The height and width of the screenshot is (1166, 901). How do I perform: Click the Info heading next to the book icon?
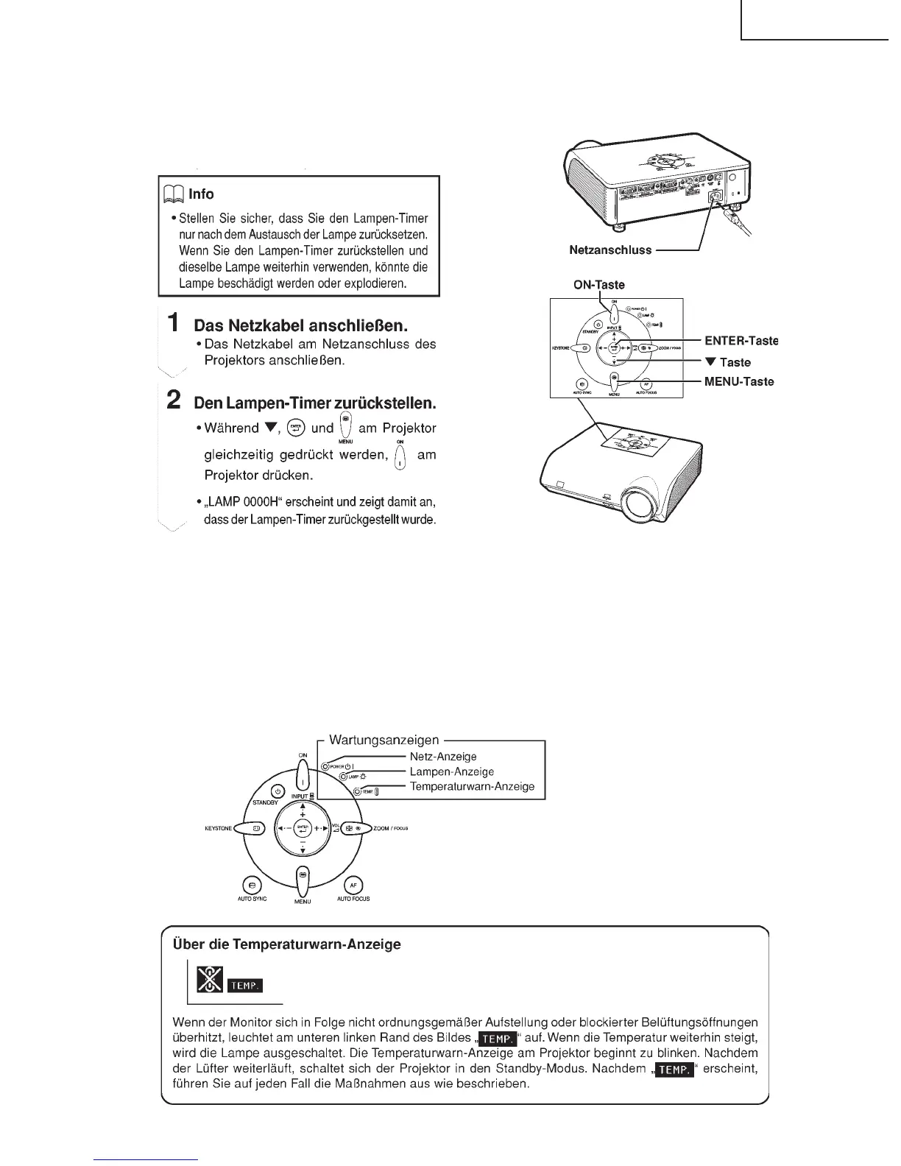pos(200,194)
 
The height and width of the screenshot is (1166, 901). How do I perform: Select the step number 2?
pos(174,399)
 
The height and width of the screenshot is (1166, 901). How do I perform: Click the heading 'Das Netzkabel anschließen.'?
pos(300,325)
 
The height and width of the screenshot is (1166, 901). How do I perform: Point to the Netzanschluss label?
pos(610,250)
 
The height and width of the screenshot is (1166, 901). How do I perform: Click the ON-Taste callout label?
pos(599,285)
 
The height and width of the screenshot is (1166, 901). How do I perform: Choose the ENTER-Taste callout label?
pos(741,341)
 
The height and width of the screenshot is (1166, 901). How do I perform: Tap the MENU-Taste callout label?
pos(739,381)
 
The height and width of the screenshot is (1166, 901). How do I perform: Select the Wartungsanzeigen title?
pos(384,740)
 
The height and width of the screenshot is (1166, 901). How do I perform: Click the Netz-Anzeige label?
pos(443,756)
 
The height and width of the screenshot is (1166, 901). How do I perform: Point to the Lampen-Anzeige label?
pos(451,771)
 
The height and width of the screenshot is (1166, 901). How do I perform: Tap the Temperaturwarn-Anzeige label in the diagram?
pos(472,786)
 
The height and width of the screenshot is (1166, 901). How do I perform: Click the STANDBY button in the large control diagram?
pos(278,791)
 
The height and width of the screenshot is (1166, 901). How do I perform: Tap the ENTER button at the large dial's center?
pos(303,827)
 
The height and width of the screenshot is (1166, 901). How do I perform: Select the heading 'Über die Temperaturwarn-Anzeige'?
pos(286,944)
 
